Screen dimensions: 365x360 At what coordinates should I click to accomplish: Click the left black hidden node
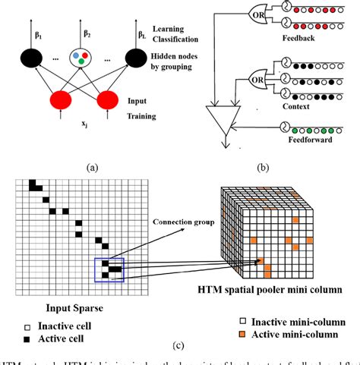[x=33, y=58]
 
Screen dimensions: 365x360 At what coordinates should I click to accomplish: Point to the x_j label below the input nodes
[x=85, y=131]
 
